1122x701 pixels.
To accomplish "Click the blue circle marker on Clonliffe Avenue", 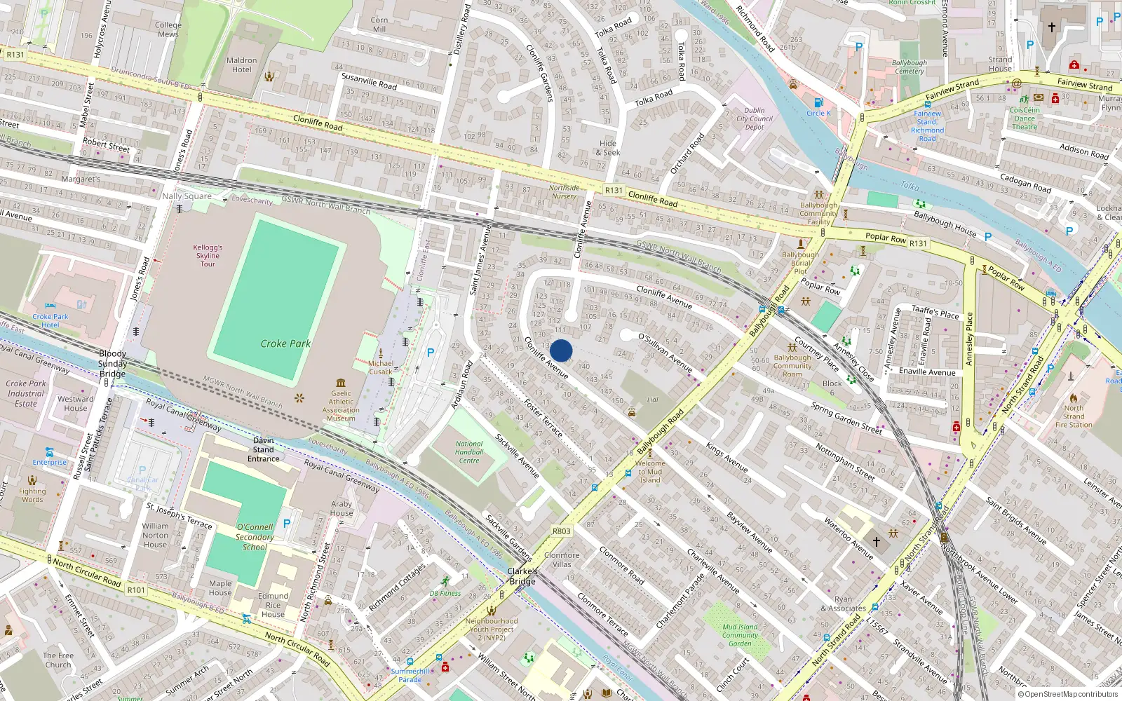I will pos(561,350).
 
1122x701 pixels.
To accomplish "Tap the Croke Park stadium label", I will pos(285,343).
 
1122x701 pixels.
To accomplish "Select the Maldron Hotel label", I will pos(242,64).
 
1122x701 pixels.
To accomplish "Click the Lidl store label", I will pos(653,400).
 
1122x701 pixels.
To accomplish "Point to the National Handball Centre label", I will pos(469,451).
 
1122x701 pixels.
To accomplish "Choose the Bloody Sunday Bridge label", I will pos(112,363).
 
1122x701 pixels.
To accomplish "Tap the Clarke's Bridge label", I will pos(522,576).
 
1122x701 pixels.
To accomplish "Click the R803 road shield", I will pos(561,531).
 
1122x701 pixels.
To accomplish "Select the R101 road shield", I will pos(136,590).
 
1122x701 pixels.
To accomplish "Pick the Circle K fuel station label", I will pos(818,113).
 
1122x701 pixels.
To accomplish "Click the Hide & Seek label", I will pos(608,147).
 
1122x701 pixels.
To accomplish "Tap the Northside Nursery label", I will pos(564,191).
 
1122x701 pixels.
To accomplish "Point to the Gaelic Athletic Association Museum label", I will pos(341,406).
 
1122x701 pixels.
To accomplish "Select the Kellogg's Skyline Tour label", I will pos(208,255).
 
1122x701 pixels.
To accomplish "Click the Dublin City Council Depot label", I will pos(755,118).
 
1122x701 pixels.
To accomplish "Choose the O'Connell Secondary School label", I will pos(255,536).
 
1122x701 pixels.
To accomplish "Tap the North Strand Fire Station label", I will pos(1074,416).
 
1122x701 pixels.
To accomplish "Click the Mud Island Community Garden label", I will pos(740,635).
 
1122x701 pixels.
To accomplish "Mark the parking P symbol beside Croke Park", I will pos(431,353).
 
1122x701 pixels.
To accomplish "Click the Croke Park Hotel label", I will pos(50,320).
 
